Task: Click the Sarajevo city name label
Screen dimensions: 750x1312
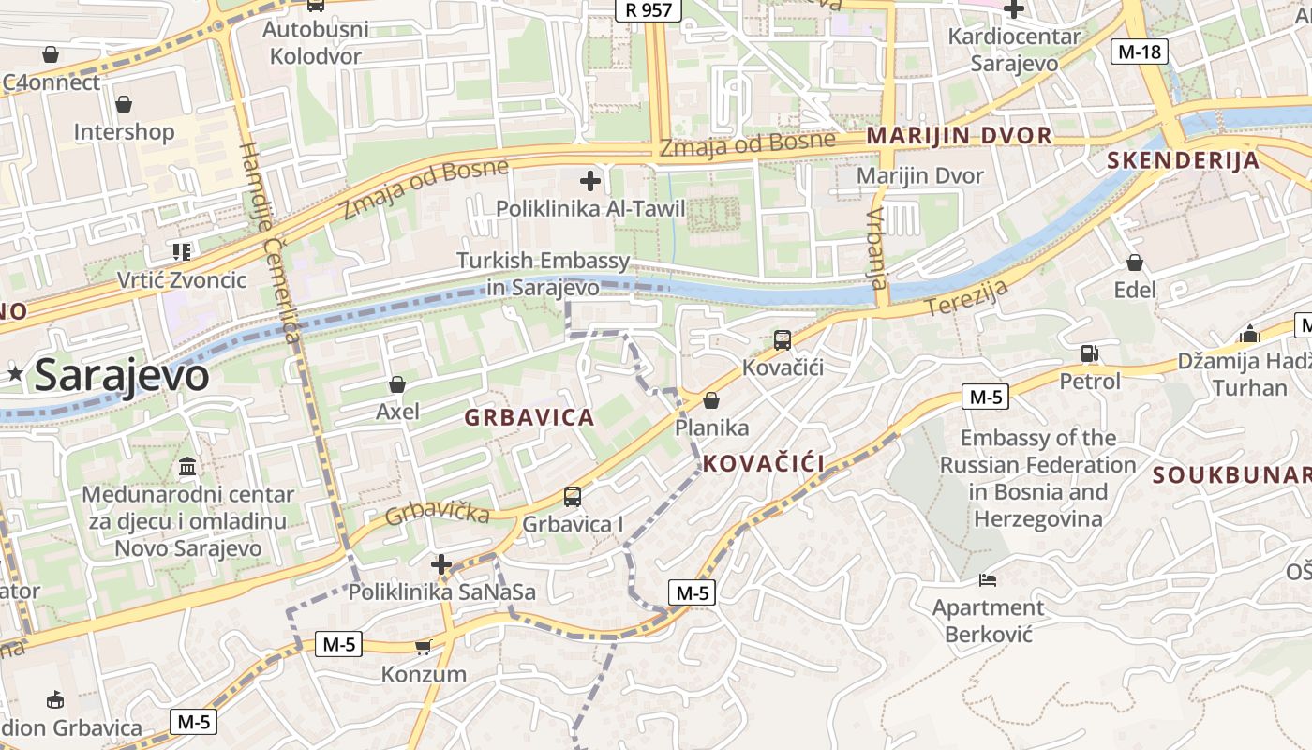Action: pos(121,376)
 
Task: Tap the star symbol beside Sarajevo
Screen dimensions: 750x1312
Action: pos(15,374)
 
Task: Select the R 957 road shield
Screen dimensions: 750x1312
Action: pos(649,9)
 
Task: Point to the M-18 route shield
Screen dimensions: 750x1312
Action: pos(1140,52)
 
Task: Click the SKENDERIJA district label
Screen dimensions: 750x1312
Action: pos(1183,160)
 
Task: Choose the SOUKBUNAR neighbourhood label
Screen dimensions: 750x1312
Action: pos(1231,475)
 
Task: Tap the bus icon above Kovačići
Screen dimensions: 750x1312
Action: pos(783,340)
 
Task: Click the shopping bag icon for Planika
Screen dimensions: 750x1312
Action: pos(711,401)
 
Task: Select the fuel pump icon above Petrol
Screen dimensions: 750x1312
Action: pos(1089,353)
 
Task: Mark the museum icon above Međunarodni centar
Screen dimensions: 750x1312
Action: pos(187,466)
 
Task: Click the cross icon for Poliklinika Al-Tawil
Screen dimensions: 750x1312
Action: pos(590,180)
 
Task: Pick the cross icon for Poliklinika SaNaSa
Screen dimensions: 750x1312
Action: pos(441,564)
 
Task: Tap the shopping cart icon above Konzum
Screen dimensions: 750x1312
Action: pos(424,647)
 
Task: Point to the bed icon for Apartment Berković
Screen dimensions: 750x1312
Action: pos(987,580)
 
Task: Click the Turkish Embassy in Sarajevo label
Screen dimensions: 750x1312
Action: pos(544,274)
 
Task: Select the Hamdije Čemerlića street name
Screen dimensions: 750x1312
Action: pos(269,243)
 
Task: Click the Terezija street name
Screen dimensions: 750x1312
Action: pos(966,297)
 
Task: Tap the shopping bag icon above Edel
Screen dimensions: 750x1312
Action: pos(1135,262)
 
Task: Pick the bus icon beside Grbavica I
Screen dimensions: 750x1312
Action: pos(573,497)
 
